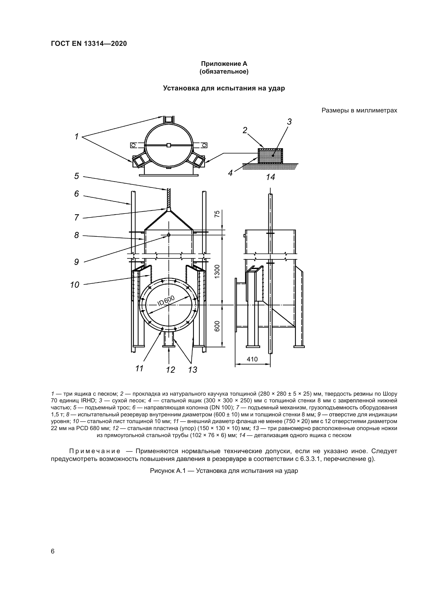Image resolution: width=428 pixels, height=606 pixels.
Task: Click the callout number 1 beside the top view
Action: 76,137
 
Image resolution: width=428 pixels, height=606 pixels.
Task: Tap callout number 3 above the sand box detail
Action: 289,122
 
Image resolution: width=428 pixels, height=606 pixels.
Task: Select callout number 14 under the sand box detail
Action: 270,177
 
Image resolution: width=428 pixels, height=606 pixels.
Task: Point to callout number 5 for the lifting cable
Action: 76,176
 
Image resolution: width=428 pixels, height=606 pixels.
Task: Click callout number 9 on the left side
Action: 76,262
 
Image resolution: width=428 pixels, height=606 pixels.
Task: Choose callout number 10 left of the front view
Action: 75,285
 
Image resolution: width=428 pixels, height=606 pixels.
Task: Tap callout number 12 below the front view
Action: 171,370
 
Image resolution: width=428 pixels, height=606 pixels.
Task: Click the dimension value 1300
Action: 217,271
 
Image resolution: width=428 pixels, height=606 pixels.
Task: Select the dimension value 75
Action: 217,214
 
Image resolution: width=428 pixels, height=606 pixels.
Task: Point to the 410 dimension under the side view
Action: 252,359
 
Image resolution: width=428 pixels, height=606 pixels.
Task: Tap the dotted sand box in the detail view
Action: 270,156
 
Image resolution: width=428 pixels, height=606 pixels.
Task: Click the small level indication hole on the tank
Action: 169,235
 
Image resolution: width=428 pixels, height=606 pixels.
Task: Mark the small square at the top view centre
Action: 169,145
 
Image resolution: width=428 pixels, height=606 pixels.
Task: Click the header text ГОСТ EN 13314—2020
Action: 89,44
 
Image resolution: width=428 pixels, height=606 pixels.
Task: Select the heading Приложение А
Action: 224,64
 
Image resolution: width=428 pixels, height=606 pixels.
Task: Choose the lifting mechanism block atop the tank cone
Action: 169,210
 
